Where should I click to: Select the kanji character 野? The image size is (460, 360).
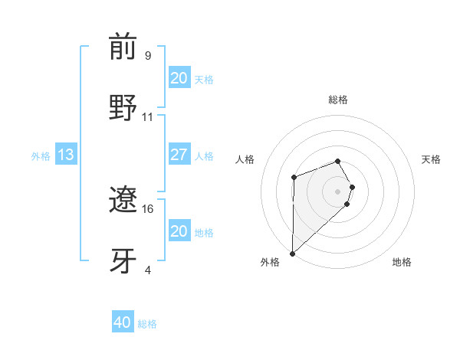(123, 107)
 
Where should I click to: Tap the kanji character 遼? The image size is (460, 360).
(123, 201)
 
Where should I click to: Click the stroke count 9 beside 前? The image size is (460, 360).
(147, 56)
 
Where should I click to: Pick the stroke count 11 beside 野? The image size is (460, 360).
(148, 117)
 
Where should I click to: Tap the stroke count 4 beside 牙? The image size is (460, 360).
(147, 270)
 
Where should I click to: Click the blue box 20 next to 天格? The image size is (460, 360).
(179, 78)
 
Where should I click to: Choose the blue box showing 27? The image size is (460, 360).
(179, 155)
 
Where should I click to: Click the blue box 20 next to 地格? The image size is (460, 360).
(179, 231)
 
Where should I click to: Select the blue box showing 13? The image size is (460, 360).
(66, 155)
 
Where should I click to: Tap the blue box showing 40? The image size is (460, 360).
(123, 322)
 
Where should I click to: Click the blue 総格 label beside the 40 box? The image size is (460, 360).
(147, 324)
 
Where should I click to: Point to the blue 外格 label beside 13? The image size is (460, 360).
(41, 156)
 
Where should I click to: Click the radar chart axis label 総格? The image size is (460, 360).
(337, 100)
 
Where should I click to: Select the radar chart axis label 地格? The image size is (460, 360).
(402, 262)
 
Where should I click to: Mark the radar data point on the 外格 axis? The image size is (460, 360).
(292, 253)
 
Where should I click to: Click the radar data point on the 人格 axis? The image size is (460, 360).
(294, 178)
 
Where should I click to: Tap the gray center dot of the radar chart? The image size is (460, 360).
(337, 191)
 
